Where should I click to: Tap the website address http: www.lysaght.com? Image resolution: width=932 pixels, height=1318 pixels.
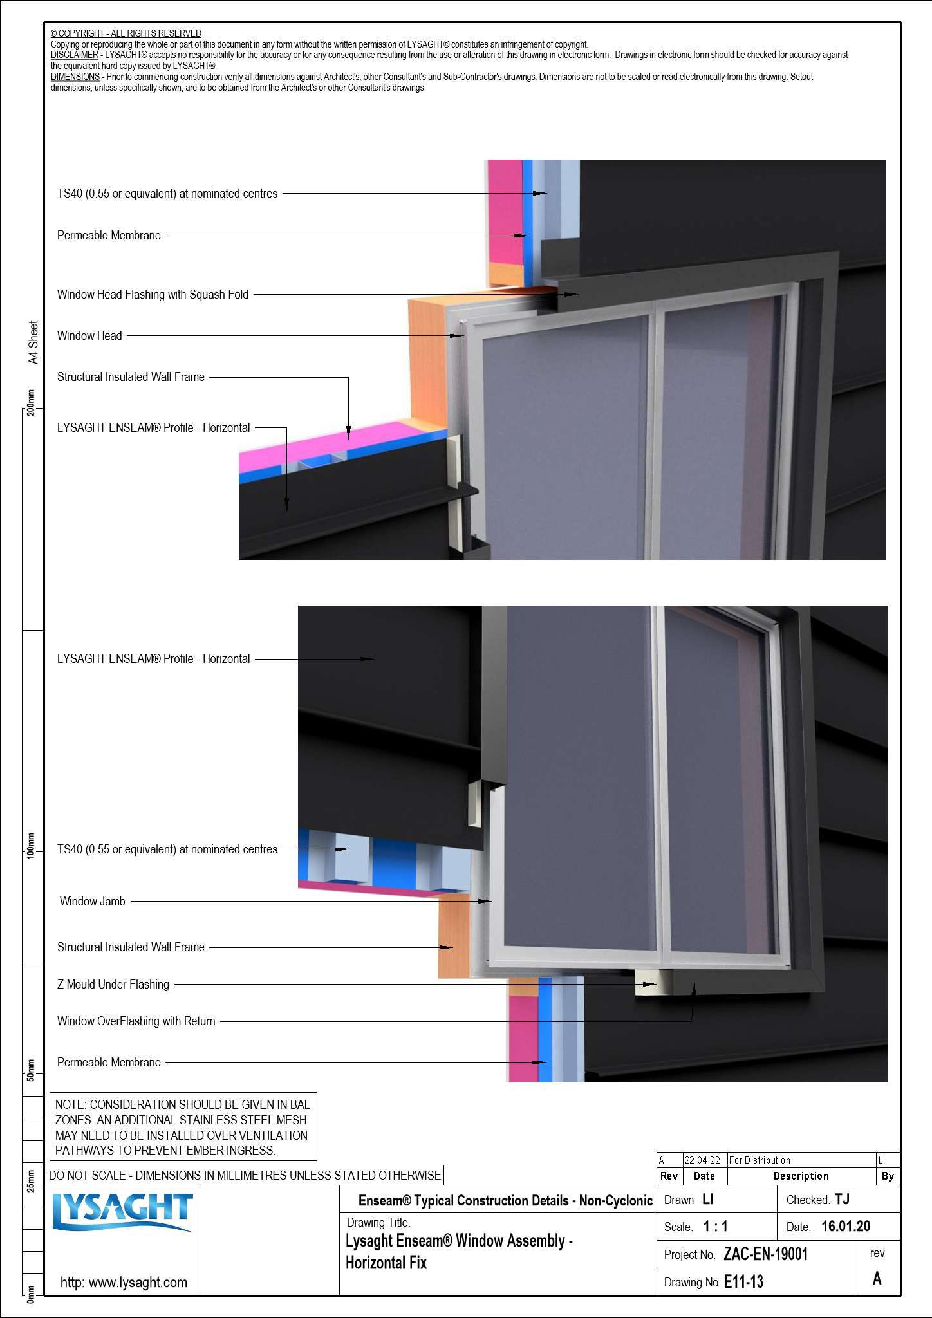tap(124, 1282)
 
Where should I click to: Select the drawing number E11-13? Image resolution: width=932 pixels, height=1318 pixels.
tap(743, 1282)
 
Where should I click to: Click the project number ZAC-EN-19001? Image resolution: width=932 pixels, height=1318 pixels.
tap(765, 1254)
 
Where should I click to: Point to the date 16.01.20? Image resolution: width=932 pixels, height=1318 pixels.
tap(845, 1227)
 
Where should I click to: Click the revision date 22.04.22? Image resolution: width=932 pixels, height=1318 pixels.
tap(702, 1160)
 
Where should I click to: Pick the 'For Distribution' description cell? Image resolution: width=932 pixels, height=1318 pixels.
tap(760, 1160)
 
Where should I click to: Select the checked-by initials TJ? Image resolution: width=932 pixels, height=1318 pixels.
tap(842, 1200)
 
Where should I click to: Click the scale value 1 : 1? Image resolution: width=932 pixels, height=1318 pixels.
tap(715, 1227)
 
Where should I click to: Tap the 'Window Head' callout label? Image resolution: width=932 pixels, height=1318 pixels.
tap(89, 336)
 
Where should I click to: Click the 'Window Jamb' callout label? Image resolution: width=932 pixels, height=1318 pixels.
tap(93, 902)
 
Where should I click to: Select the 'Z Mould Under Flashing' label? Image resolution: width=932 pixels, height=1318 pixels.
tap(113, 985)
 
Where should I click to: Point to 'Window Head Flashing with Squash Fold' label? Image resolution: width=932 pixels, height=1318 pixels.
tap(153, 295)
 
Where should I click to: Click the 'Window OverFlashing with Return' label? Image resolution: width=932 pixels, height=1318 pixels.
tap(136, 1021)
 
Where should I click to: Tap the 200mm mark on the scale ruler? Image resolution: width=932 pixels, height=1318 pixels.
tap(31, 403)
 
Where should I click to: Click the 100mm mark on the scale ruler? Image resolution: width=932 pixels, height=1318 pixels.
tap(31, 846)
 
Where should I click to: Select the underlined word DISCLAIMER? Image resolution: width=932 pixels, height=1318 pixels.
tap(75, 55)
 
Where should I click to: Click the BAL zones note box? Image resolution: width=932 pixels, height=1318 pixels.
tap(183, 1127)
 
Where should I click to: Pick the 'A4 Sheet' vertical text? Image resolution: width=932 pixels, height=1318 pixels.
tap(33, 342)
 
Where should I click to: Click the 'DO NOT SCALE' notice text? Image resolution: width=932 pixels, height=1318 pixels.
tap(245, 1175)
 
